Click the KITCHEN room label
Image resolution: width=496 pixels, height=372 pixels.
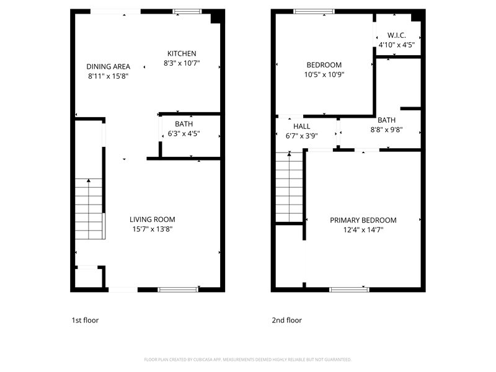coord(182,53)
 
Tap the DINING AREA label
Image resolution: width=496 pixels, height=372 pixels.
coord(108,66)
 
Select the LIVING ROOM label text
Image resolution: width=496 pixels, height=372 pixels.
coord(152,219)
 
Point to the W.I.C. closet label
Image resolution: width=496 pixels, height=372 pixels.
coord(396,35)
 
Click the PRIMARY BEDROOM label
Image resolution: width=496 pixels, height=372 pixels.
coord(363,220)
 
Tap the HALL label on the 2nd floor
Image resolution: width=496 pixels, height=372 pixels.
coord(301,126)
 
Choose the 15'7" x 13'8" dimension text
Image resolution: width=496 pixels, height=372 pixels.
coord(153,229)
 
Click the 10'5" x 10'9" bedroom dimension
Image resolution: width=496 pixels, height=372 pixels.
coord(324,74)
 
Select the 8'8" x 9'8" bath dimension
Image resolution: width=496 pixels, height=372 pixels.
coord(386,130)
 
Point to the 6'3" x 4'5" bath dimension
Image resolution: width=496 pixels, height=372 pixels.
coord(184,133)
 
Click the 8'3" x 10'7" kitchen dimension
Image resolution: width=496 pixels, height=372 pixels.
coord(182,63)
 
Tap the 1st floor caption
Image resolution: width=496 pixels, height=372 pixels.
coord(85,320)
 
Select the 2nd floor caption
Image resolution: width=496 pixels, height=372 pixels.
coord(286,320)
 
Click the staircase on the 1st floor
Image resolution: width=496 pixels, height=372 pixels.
coord(89,209)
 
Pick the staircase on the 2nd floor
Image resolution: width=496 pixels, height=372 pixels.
coord(290,187)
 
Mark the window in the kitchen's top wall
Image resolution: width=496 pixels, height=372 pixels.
coord(187,12)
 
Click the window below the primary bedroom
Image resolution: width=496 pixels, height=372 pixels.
coord(349,290)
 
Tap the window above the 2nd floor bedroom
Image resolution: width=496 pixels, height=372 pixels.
coord(314,12)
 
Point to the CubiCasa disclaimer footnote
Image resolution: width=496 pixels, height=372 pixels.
coord(247,360)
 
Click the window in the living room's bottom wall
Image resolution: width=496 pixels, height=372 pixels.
coord(178,290)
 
